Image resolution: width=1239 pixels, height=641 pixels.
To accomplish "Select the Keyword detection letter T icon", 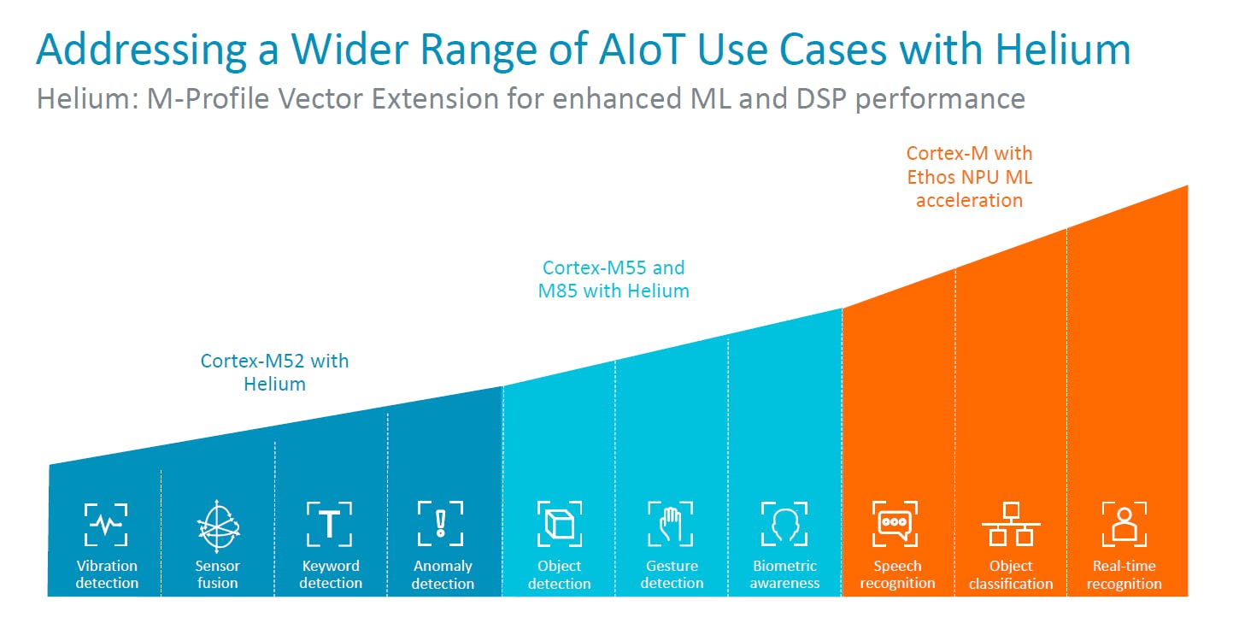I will point(330,523).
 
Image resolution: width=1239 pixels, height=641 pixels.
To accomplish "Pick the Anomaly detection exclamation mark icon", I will point(441,523).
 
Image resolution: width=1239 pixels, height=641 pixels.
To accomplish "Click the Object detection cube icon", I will point(560,524).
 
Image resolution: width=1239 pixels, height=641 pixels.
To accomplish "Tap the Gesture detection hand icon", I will point(671,522).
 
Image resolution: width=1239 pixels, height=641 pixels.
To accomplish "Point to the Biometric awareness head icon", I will point(784,524).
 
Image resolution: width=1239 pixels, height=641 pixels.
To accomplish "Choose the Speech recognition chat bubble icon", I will point(895,524).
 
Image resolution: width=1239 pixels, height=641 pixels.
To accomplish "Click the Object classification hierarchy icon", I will point(1011,524).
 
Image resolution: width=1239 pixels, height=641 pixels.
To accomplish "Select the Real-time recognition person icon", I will point(1124,524).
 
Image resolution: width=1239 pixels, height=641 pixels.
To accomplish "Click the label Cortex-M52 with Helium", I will point(275,373).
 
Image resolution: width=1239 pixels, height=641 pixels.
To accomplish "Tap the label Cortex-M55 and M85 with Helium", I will point(614,279).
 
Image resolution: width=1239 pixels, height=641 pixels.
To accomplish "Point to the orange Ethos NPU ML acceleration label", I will point(969,177).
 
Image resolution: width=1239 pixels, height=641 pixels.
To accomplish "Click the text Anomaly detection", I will point(443,574).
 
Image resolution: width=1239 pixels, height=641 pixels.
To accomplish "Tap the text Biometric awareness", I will point(784,574).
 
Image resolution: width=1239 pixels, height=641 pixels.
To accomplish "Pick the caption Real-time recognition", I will point(1124,574).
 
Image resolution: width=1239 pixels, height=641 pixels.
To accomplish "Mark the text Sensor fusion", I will point(217,574).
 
